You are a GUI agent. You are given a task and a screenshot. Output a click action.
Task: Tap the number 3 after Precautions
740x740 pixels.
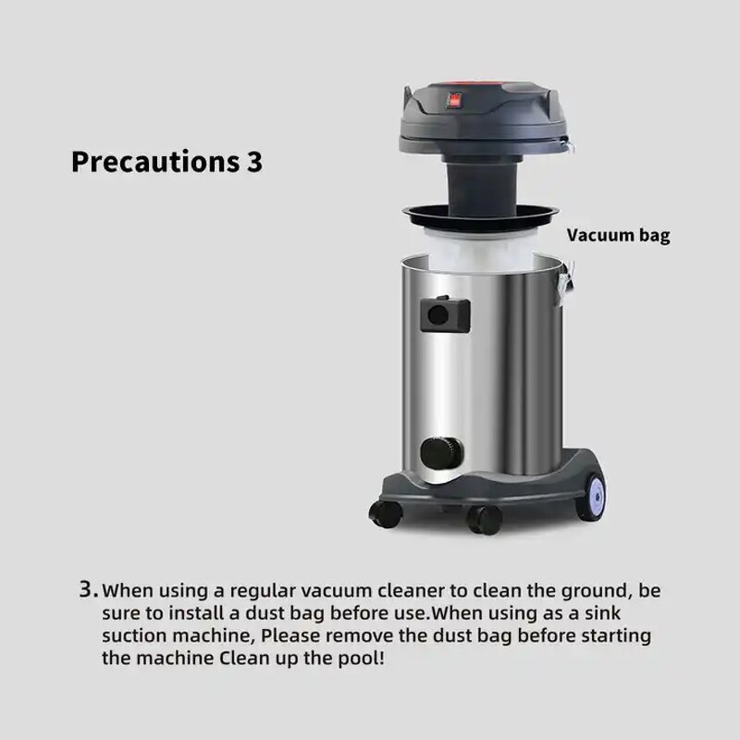tap(254, 162)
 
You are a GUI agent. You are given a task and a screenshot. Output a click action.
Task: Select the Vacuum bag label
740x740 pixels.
tap(618, 235)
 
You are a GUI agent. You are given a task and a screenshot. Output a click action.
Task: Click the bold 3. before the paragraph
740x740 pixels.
tap(88, 589)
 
